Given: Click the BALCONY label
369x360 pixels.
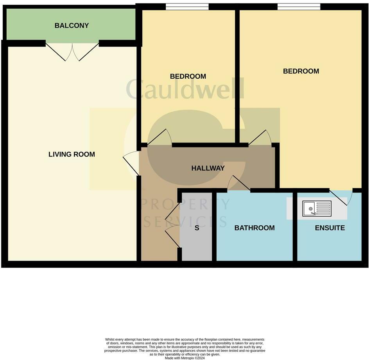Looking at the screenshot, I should click(72, 26).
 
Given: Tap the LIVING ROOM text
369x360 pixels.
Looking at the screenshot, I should click(72, 154).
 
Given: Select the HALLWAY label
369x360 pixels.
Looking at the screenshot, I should click(208, 168).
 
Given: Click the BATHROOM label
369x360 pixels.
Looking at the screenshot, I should click(254, 228).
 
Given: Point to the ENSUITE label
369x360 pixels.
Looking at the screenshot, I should click(330, 228).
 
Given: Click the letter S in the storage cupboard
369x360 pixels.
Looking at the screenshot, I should click(197, 228).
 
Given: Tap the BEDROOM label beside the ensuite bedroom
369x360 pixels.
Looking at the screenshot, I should click(301, 71).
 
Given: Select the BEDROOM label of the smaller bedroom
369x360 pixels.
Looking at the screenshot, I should click(188, 76).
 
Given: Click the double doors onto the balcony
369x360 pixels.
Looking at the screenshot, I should click(72, 52).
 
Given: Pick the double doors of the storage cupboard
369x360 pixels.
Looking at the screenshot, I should click(172, 225).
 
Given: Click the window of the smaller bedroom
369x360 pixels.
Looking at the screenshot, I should click(187, 6).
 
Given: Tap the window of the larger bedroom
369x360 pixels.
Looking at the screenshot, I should click(299, 6).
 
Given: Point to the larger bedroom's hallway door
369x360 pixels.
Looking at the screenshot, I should click(260, 137).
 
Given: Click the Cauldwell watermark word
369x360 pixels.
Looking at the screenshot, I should click(185, 89).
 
